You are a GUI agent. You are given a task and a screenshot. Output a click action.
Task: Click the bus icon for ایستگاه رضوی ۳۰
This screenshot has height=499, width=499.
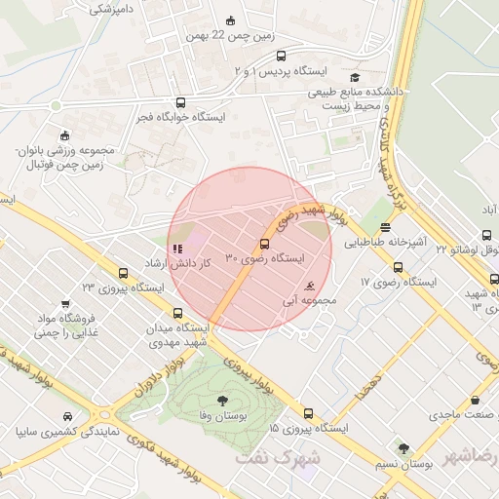coord(264,243)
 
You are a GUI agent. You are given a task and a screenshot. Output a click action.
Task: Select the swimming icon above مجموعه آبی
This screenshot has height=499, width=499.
coord(309,287)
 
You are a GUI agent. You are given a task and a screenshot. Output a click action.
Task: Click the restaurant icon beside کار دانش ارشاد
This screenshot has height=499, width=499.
coord(176,249)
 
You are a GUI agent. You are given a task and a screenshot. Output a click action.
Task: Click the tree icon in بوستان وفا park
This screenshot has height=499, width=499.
coord(221,400)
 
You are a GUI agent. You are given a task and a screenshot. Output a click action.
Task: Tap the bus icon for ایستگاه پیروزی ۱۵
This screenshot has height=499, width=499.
coord(309,412)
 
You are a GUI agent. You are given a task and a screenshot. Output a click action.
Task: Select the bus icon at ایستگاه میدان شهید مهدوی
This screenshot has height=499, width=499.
coord(177,314)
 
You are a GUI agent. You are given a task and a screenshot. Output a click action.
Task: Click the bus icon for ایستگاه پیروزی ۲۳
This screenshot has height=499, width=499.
coord(123,273)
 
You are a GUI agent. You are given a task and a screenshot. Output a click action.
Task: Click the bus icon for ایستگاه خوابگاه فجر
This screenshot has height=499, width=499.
coord(180,102)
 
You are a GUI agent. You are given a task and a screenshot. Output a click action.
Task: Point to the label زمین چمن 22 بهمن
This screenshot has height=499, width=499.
coord(229,36)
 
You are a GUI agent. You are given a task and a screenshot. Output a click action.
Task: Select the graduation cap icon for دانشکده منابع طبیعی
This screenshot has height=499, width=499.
coord(355,78)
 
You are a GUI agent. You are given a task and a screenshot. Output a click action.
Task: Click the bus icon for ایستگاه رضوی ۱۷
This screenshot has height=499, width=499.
coord(398,267)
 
